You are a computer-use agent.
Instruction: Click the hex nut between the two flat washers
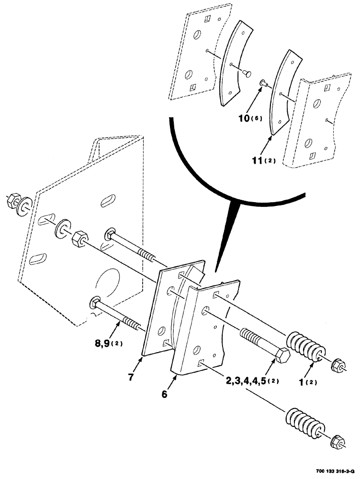[x=79, y=238]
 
